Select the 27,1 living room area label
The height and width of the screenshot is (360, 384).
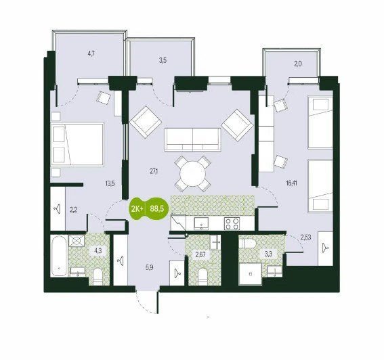(154, 172)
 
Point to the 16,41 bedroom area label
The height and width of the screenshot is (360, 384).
(291, 183)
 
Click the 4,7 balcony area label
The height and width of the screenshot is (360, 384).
(91, 53)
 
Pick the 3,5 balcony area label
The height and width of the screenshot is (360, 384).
(163, 60)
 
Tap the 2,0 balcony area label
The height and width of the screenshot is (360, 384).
(298, 64)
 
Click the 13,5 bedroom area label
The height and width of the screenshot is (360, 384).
(110, 183)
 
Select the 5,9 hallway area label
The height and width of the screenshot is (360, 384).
(149, 267)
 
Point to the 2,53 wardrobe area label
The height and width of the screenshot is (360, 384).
(306, 238)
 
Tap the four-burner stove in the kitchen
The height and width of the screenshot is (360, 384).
(232, 223)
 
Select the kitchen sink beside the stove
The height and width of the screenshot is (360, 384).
(201, 223)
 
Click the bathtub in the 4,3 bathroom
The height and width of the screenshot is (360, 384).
(60, 256)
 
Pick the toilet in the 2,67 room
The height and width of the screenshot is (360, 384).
(203, 277)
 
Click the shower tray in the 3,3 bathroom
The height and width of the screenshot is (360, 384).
(251, 273)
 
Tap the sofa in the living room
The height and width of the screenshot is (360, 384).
(193, 140)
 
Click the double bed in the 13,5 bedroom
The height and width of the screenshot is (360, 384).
(77, 145)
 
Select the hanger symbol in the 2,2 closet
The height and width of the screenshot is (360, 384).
(58, 209)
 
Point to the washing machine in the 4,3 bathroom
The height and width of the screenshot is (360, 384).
(77, 241)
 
